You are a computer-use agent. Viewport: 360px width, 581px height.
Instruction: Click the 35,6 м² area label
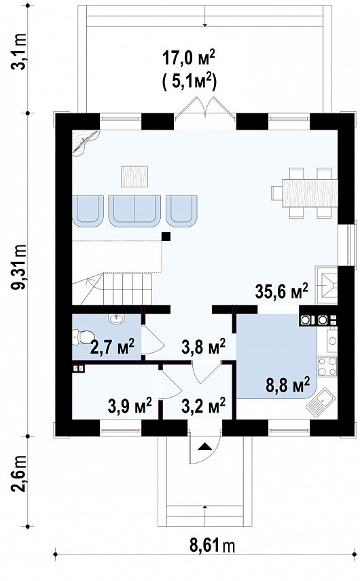click(x=282, y=291)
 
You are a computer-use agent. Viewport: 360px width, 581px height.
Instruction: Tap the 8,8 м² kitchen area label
click(x=288, y=386)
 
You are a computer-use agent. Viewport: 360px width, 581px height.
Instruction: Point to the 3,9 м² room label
click(x=130, y=405)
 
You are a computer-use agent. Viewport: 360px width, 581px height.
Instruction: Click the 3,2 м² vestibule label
click(x=203, y=405)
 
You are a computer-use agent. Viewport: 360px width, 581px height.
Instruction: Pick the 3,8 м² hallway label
click(x=203, y=347)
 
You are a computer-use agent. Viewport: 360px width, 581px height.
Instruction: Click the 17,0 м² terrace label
click(x=189, y=58)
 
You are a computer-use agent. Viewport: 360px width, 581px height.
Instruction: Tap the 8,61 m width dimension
click(x=213, y=546)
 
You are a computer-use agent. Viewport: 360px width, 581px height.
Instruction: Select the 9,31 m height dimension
click(x=18, y=267)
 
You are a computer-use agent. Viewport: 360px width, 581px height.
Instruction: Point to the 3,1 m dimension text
click(x=18, y=52)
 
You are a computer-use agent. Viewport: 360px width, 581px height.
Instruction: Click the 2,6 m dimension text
click(x=18, y=474)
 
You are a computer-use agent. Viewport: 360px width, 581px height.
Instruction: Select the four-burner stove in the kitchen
click(x=327, y=366)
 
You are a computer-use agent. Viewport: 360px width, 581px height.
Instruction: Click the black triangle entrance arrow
click(x=204, y=447)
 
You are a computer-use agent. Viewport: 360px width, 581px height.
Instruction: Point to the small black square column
click(x=166, y=236)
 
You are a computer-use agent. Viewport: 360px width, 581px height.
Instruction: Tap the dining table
click(x=310, y=193)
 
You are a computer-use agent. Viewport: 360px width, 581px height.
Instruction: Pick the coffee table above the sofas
click(x=134, y=176)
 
